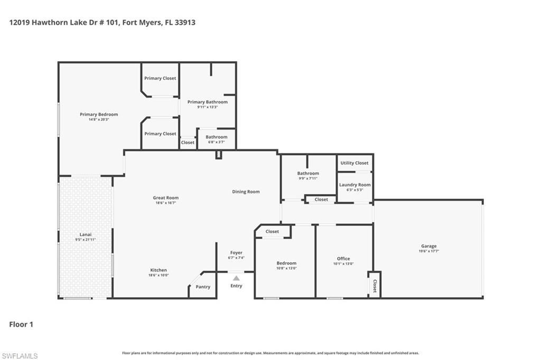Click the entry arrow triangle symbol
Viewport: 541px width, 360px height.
point(236,278)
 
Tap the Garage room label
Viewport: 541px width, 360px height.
point(428,246)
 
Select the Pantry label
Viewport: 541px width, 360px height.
point(203,287)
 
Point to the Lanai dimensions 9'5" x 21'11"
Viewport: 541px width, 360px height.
point(85,239)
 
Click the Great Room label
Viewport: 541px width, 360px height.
point(165,198)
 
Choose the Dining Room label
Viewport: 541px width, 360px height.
point(246,191)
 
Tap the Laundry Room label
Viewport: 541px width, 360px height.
point(355,184)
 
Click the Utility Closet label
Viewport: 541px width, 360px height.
point(355,163)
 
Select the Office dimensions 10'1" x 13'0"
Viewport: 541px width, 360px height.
point(343,264)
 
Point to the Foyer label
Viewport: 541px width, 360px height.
point(236,253)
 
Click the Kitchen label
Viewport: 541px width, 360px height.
point(158,270)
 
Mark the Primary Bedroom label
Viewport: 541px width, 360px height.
point(99,114)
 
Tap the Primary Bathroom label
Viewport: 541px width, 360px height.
point(208,102)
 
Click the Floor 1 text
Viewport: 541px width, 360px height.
point(21,325)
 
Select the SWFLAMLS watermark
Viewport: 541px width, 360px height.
point(20,356)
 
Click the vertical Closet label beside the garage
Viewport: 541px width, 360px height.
point(375,285)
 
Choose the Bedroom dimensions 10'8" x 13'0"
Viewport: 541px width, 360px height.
point(287,268)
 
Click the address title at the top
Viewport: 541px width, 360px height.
point(102,23)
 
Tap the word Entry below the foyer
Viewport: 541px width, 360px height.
point(236,286)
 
